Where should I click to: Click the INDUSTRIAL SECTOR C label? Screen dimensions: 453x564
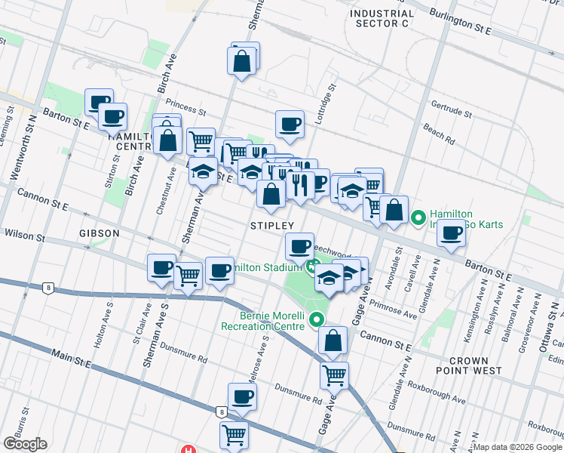click(382, 18)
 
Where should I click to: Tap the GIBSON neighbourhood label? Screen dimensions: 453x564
click(99, 233)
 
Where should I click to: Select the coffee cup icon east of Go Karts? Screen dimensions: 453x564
click(451, 233)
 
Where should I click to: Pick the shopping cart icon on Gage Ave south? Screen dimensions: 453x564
click(334, 374)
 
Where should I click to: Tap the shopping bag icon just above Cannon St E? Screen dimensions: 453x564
click(333, 341)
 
